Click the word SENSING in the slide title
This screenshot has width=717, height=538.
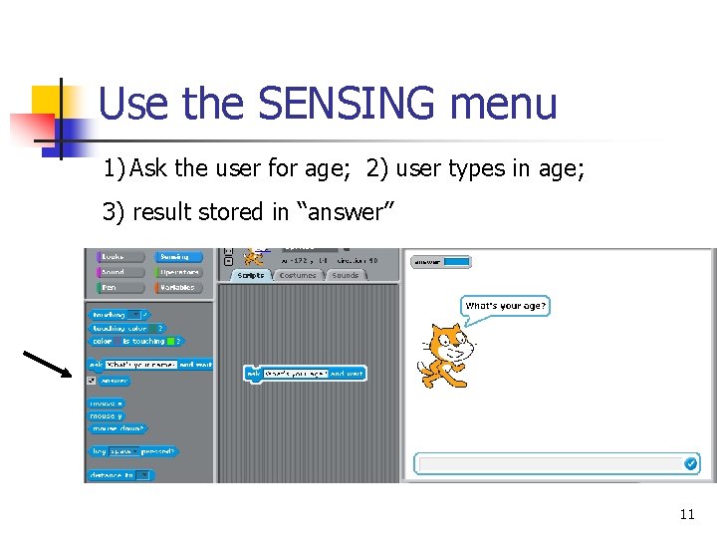point(357,104)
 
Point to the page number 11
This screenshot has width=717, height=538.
point(686,514)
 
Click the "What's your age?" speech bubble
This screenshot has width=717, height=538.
point(506,306)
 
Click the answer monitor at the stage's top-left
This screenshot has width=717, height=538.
point(441,262)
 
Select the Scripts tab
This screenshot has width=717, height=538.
point(251,275)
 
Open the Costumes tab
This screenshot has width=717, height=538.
point(297,275)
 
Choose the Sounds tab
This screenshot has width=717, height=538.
point(345,275)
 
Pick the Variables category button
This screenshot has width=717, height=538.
point(178,288)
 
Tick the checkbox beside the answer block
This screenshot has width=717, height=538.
point(92,380)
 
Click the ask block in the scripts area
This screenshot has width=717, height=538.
point(306,374)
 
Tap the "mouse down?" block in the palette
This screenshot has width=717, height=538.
point(118,428)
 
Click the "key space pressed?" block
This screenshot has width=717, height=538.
point(132,451)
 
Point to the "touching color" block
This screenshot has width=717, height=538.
point(125,328)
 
